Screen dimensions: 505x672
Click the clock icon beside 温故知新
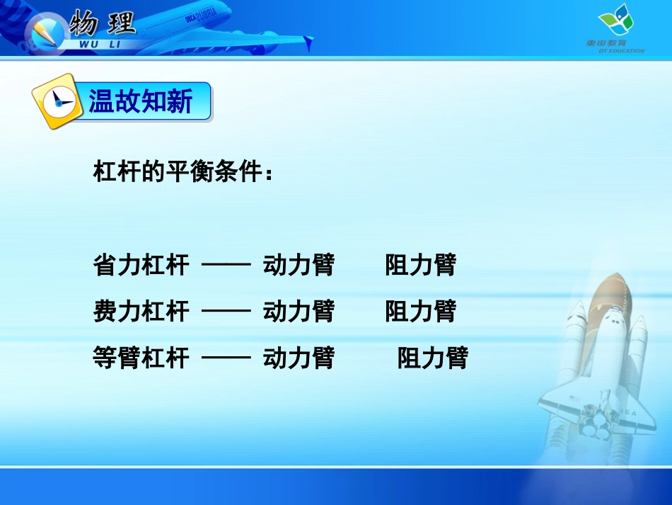pyautogui.click(x=56, y=103)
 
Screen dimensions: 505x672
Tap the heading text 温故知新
pyautogui.click(x=141, y=102)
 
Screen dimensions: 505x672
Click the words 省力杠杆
pyautogui.click(x=141, y=266)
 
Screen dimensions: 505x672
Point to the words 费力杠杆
pyautogui.click(x=141, y=312)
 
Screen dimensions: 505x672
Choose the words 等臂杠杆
pyautogui.click(x=141, y=358)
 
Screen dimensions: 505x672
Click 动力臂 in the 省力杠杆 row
pyautogui.click(x=299, y=266)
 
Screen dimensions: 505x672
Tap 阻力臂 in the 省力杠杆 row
pyautogui.click(x=421, y=266)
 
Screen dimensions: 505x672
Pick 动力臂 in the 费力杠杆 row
pyautogui.click(x=299, y=312)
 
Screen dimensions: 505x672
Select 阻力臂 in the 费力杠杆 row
pyautogui.click(x=421, y=312)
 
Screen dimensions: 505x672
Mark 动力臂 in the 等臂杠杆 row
pyautogui.click(x=299, y=358)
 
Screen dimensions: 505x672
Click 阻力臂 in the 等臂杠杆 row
pyautogui.click(x=433, y=358)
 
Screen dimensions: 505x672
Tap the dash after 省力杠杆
pyautogui.click(x=226, y=266)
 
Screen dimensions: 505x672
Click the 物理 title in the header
pyautogui.click(x=103, y=24)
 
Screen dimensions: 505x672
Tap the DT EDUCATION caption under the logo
pyautogui.click(x=615, y=50)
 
